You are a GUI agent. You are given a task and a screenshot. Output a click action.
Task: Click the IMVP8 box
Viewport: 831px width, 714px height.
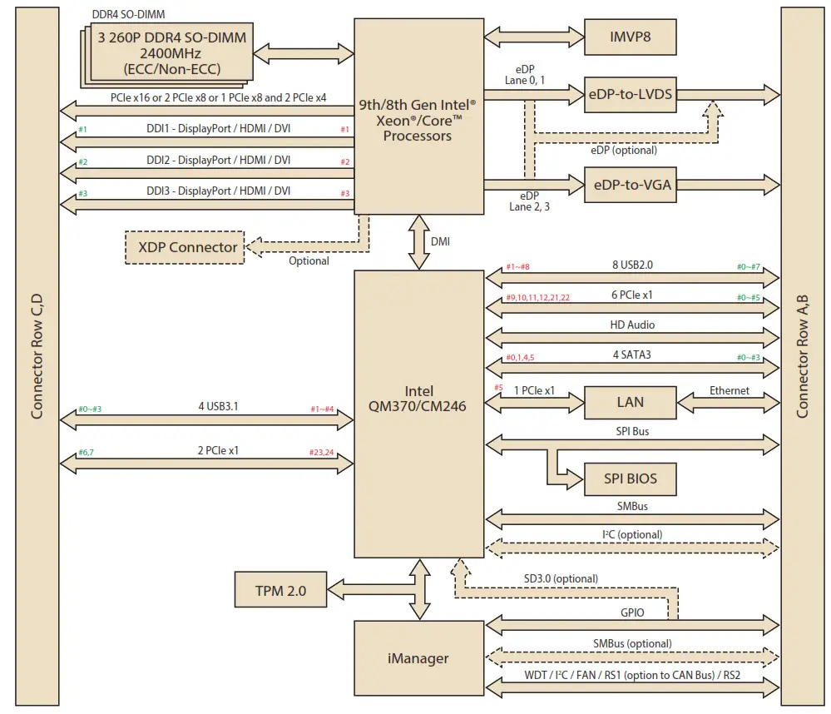(630, 37)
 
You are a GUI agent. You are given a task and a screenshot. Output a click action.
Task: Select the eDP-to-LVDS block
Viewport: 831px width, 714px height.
(630, 94)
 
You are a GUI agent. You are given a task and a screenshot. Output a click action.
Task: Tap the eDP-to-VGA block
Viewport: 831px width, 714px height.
(630, 185)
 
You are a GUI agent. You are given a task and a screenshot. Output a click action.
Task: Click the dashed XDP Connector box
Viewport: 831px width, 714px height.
(184, 247)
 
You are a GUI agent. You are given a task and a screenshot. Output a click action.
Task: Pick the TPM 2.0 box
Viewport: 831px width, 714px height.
(279, 592)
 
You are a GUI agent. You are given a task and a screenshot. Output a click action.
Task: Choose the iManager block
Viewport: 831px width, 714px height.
(418, 658)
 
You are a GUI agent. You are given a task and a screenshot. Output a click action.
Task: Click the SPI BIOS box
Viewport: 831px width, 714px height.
(630, 479)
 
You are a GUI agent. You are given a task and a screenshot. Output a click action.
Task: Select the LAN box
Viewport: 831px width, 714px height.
(630, 402)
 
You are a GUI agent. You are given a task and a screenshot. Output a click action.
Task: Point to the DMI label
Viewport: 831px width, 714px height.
(442, 241)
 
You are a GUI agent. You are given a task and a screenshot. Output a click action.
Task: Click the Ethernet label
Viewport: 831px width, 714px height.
(729, 390)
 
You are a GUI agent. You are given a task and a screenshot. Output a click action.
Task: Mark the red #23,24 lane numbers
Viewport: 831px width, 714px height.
(320, 453)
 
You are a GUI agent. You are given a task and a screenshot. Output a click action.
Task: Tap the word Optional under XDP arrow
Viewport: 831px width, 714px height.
(309, 261)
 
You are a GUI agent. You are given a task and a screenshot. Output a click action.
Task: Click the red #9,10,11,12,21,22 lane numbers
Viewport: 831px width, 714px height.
(538, 297)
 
